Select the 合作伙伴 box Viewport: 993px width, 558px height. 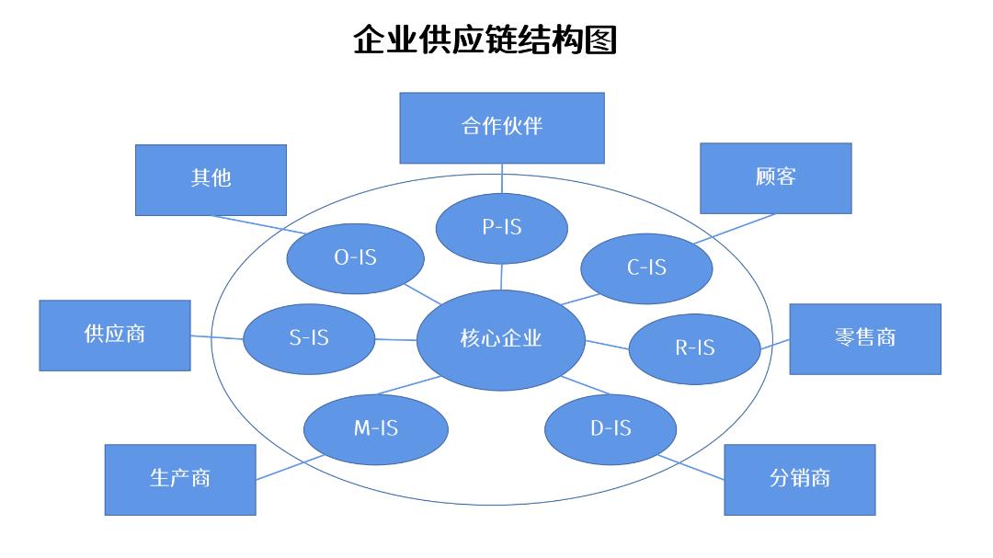coord(501,127)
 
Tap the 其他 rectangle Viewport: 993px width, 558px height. coord(211,179)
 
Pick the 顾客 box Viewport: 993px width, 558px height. coord(775,177)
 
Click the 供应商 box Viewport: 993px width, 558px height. coord(115,336)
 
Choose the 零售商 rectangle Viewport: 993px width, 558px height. coord(864,339)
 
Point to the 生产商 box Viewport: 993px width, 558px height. coord(179,479)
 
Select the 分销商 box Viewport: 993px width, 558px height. coord(799,479)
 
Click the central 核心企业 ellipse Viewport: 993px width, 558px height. coord(501,339)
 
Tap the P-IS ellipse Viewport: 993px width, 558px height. coord(501,228)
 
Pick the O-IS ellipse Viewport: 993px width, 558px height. coord(355,258)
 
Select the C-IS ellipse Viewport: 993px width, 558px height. coord(647,268)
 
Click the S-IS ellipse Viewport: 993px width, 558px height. coord(309,338)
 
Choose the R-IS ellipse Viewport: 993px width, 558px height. coord(695,348)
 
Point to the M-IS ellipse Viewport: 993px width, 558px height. coord(375,428)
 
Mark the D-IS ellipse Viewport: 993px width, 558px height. coord(611,429)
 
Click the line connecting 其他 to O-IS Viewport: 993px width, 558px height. coord(250,223)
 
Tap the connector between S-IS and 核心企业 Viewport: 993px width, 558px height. coord(395,339)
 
